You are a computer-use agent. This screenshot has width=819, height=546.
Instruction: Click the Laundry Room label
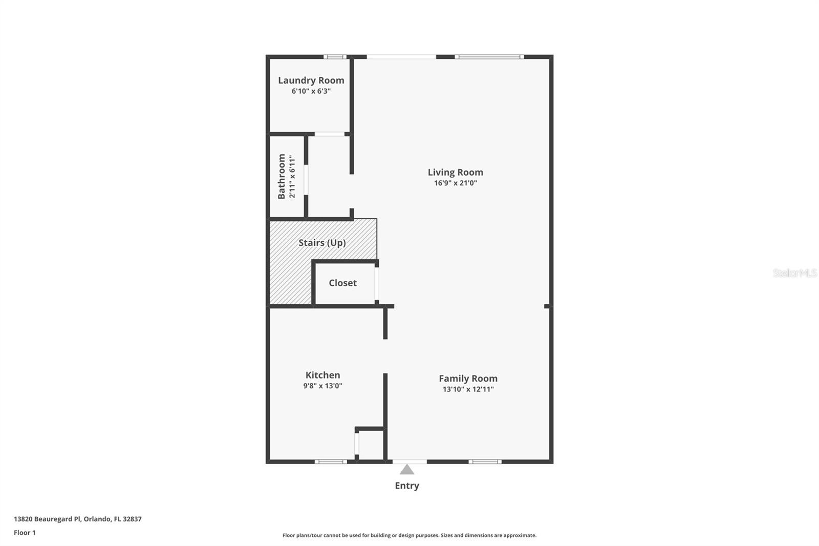311,80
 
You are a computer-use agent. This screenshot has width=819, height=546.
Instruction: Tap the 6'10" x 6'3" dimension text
311,91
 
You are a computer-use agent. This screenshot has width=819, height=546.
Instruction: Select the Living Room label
455,172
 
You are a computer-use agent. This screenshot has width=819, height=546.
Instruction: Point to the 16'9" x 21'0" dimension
455,183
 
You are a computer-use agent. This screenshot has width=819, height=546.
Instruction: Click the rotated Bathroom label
282,176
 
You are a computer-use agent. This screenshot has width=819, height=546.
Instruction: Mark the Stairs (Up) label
322,243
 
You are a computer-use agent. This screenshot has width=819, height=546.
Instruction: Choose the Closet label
342,283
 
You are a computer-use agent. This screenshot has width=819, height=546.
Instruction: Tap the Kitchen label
322,375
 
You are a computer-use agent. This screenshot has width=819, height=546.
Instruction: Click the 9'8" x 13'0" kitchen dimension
322,386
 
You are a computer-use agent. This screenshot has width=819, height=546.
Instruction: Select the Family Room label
468,379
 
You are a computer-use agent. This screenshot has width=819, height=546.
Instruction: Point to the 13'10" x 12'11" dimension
468,389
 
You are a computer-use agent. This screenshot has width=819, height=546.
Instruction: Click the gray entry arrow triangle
407,470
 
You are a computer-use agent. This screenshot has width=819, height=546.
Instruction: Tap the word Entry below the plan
407,486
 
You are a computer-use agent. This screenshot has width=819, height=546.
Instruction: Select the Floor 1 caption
25,533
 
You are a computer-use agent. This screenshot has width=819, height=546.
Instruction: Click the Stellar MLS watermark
794,273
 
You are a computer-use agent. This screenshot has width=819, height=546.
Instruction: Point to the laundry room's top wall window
335,57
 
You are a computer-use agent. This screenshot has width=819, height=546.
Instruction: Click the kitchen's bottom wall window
331,461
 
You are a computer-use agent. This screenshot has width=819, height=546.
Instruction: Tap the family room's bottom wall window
485,461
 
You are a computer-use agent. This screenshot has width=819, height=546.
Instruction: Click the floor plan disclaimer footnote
409,535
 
